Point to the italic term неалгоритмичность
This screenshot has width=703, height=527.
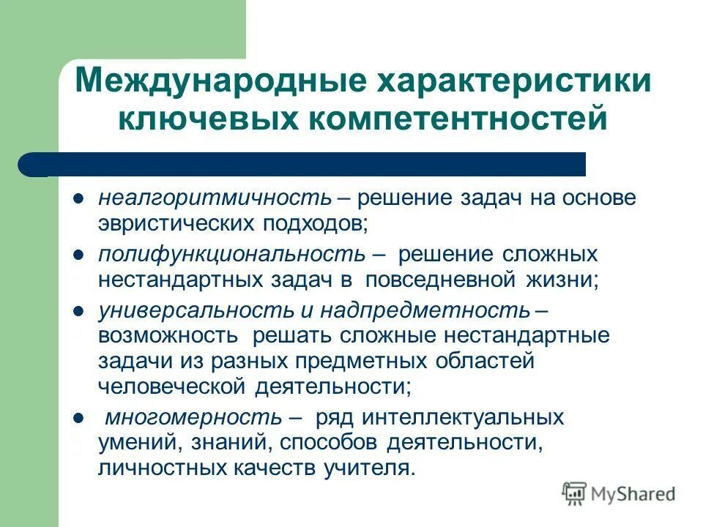(216, 199)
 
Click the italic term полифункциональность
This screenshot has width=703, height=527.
(231, 255)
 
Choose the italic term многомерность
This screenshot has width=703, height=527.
(193, 418)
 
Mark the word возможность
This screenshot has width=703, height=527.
(168, 335)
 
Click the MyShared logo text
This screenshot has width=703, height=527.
(633, 494)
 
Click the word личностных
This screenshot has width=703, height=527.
(162, 468)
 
